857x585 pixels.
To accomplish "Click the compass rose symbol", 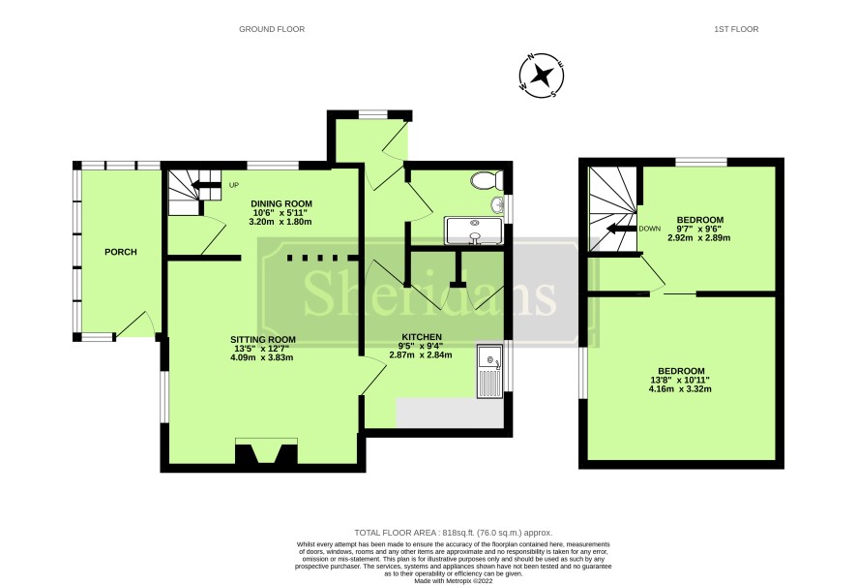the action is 541,76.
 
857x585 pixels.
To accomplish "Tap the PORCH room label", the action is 121,252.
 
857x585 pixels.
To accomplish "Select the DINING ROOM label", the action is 281,203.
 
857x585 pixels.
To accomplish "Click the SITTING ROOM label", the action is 262,339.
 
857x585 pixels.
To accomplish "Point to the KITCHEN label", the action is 422,336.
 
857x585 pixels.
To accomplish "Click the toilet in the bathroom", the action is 486,179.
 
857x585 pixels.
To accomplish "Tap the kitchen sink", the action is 489,371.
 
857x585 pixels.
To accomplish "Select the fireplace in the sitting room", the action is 266,451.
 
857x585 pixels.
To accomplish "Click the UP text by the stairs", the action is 234,185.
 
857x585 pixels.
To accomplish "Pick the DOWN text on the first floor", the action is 650,229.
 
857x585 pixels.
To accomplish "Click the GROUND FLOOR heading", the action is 272,29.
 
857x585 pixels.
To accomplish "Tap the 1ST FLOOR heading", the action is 736,29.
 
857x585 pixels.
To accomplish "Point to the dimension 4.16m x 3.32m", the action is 680,389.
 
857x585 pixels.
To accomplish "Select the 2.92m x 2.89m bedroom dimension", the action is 699,238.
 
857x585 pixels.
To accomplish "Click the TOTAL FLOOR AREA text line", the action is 453,533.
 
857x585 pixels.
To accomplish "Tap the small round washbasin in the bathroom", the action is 497,204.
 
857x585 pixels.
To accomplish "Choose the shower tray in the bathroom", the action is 474,231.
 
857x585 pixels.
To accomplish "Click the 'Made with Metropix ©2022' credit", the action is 454,580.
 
